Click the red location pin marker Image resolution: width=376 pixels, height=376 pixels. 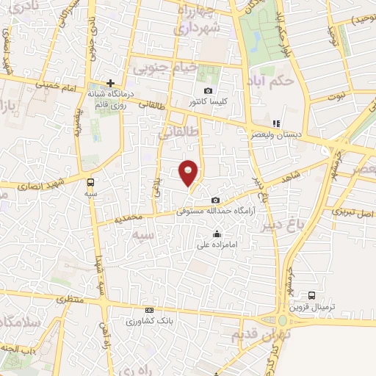(x=189, y=173)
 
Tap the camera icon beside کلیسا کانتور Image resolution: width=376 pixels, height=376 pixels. (x=209, y=90)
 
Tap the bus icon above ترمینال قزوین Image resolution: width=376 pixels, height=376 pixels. (x=312, y=295)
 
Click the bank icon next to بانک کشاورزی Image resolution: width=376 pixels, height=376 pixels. (x=150, y=311)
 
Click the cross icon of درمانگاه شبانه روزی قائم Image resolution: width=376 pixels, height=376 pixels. (x=110, y=83)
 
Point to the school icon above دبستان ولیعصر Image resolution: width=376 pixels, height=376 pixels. (x=276, y=123)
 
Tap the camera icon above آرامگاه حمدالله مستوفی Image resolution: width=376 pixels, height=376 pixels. (x=215, y=200)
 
